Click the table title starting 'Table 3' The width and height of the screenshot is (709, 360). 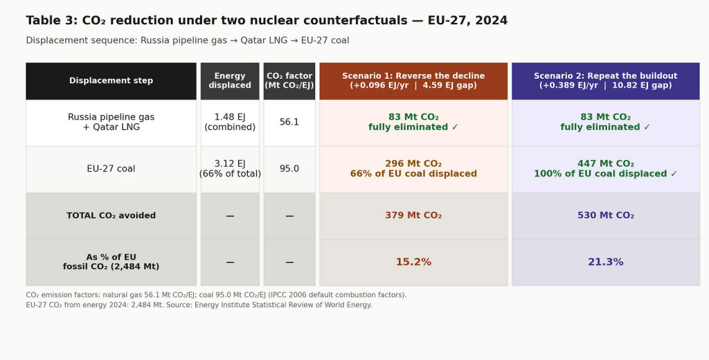267,21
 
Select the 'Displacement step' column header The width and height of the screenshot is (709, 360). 111,81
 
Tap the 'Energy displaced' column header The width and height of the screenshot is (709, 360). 230,81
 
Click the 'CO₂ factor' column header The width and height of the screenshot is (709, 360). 289,81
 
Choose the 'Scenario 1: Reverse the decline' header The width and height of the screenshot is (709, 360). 413,81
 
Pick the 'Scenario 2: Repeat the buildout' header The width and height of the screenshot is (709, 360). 605,81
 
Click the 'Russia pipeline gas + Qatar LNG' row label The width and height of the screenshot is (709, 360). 111,123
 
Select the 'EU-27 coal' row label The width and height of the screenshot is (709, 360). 111,169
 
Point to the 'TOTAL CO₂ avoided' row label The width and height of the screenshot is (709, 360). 111,216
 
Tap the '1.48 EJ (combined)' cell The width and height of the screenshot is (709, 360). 230,123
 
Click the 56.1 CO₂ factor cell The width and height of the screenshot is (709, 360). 289,123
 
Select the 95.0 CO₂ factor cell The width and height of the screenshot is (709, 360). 289,169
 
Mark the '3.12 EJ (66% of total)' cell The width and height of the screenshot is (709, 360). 230,169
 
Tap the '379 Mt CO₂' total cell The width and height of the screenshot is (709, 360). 413,216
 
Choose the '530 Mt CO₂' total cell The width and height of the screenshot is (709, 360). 605,216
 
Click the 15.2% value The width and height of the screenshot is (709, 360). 413,262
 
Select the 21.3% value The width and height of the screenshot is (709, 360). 605,262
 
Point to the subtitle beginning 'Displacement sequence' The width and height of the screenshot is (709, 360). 188,41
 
